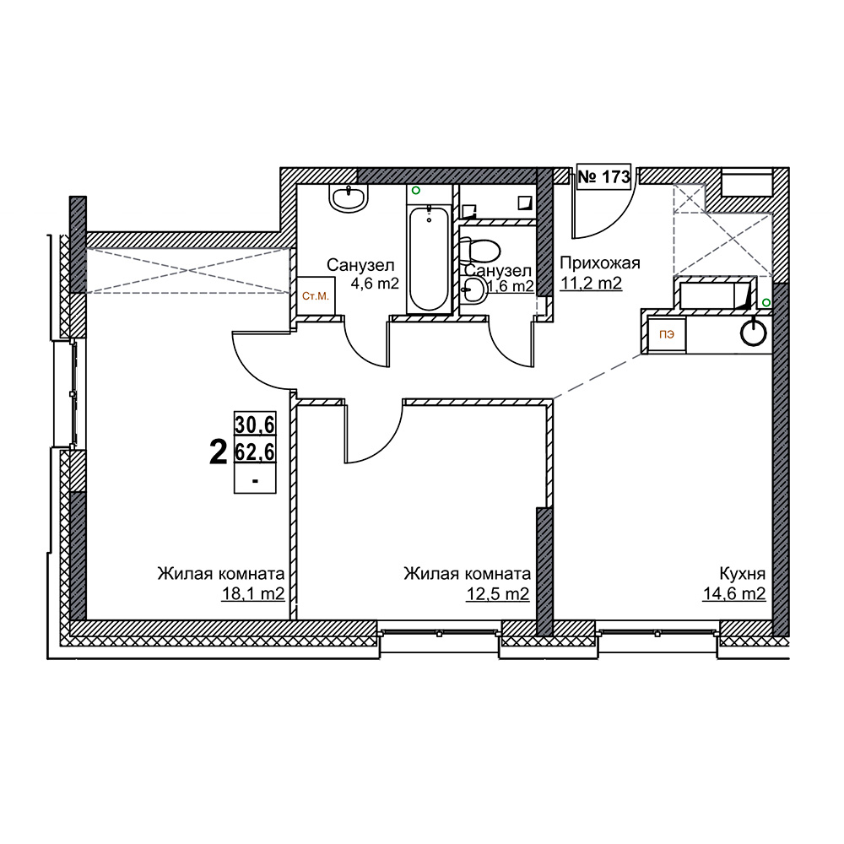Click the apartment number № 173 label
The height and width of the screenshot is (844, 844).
[x=603, y=176]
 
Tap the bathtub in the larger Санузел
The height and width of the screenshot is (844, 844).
[x=429, y=258]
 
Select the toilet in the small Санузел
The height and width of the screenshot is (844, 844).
[x=480, y=252]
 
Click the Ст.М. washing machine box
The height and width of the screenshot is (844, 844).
[x=316, y=296]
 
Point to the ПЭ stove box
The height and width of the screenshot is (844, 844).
[x=667, y=334]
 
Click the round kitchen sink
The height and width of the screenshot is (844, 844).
[x=753, y=333]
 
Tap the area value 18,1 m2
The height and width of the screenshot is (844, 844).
[x=253, y=593]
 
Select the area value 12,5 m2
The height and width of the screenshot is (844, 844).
[x=497, y=593]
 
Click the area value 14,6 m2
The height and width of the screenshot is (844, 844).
[x=733, y=593]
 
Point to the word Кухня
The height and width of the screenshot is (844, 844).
[x=742, y=573]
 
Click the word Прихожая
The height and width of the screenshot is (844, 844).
[x=599, y=263]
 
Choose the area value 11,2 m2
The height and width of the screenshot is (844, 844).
[x=591, y=283]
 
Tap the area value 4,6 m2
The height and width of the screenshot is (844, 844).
[x=375, y=283]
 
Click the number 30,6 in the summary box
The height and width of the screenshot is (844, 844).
[x=255, y=425]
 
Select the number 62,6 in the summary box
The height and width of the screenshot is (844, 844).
[x=255, y=452]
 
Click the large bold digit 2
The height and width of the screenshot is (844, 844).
[x=218, y=452]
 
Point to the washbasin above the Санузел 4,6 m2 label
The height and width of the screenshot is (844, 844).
[x=349, y=197]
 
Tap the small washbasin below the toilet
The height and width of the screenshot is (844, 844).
[x=474, y=291]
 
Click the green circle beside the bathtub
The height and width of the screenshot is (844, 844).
[x=415, y=190]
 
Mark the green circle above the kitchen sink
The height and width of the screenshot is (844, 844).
[x=766, y=303]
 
